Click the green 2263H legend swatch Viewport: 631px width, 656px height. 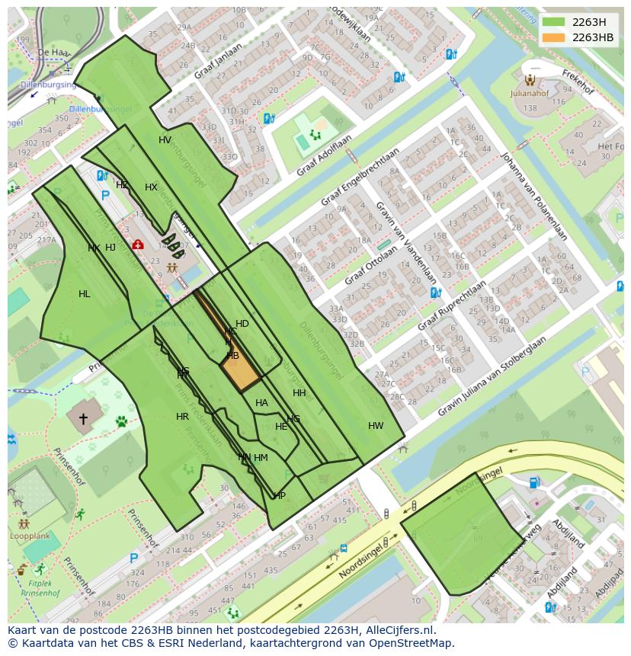(554, 22)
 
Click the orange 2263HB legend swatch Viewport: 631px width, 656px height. (554, 37)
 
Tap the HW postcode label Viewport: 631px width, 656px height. (376, 426)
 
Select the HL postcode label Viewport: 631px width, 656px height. (84, 294)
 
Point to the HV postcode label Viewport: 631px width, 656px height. (165, 140)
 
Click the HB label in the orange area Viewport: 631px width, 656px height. (233, 356)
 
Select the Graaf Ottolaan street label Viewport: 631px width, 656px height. (370, 266)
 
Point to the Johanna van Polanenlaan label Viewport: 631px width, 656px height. (533, 196)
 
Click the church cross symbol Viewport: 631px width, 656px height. (82, 418)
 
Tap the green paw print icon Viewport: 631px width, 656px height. (121, 421)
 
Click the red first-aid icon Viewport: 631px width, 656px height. (138, 245)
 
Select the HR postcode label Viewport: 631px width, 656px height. (182, 417)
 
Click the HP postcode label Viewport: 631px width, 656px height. (279, 496)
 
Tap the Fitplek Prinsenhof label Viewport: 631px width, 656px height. (41, 587)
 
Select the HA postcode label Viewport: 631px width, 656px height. (261, 403)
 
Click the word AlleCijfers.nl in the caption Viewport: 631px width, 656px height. (400, 630)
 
